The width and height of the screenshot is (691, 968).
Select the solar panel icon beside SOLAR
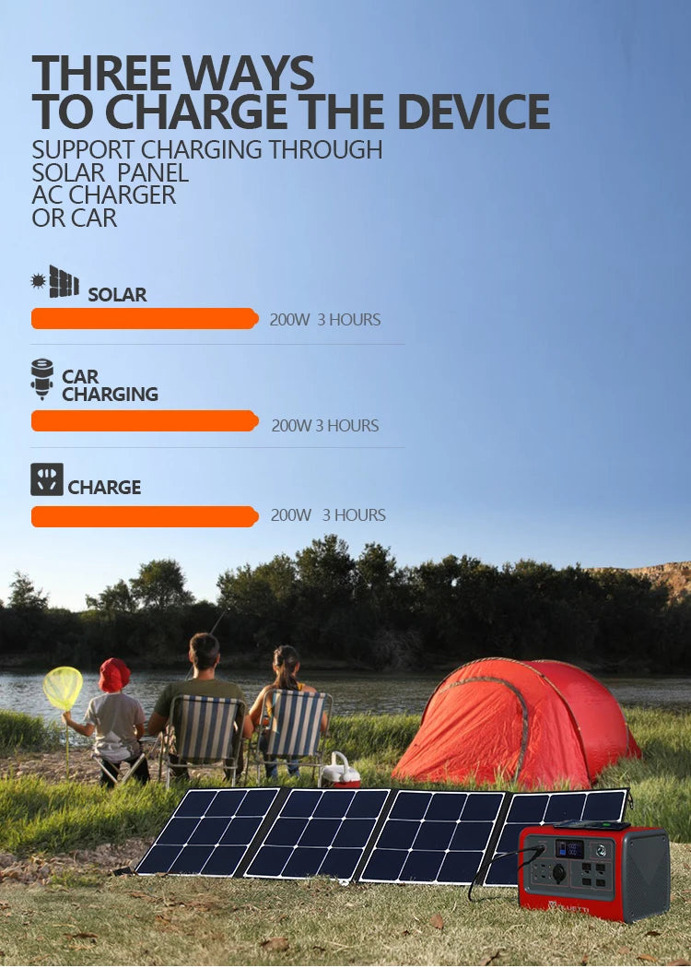pyautogui.click(x=64, y=281)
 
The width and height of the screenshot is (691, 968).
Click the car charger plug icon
pyautogui.click(x=42, y=379)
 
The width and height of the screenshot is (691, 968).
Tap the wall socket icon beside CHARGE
pyautogui.click(x=47, y=479)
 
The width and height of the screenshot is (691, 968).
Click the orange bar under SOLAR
pyautogui.click(x=145, y=319)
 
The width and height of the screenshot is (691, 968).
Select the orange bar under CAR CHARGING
pyautogui.click(x=145, y=421)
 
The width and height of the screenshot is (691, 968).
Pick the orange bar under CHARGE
pyautogui.click(x=145, y=516)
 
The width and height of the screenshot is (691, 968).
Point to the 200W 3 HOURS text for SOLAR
pyautogui.click(x=325, y=320)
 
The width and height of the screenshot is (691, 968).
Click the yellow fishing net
pyautogui.click(x=63, y=688)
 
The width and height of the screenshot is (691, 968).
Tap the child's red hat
pyautogui.click(x=114, y=675)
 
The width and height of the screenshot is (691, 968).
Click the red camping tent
pyautogui.click(x=517, y=722)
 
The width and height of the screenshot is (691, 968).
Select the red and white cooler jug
pyautogui.click(x=340, y=770)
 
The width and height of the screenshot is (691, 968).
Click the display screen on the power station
pyautogui.click(x=569, y=849)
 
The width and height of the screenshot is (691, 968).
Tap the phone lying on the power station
pyautogui.click(x=591, y=825)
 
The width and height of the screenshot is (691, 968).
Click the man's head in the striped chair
pyautogui.click(x=205, y=655)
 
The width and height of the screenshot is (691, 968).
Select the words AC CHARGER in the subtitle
pyautogui.click(x=103, y=195)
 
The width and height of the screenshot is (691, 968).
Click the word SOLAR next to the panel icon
pyautogui.click(x=117, y=295)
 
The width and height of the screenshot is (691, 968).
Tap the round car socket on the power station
pyautogui.click(x=559, y=874)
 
